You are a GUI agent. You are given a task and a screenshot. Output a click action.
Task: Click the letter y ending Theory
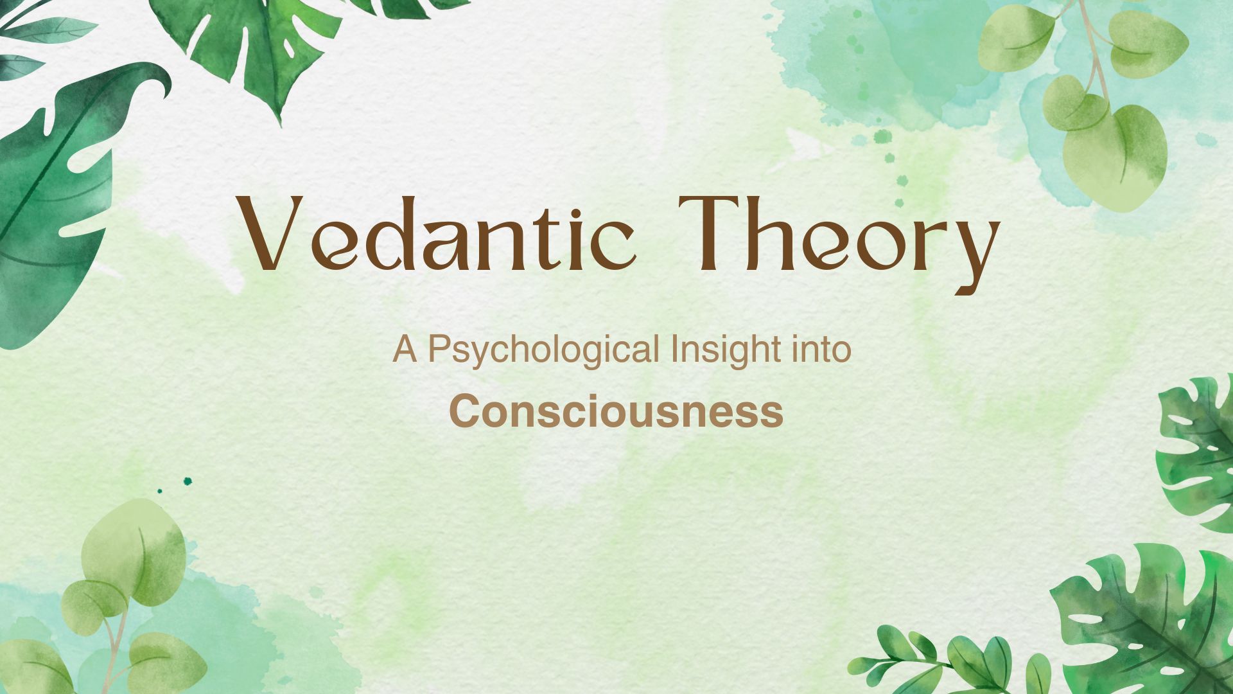976,251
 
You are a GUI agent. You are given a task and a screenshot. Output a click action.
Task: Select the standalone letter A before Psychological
405,350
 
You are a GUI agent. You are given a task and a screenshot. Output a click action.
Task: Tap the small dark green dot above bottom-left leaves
188,481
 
